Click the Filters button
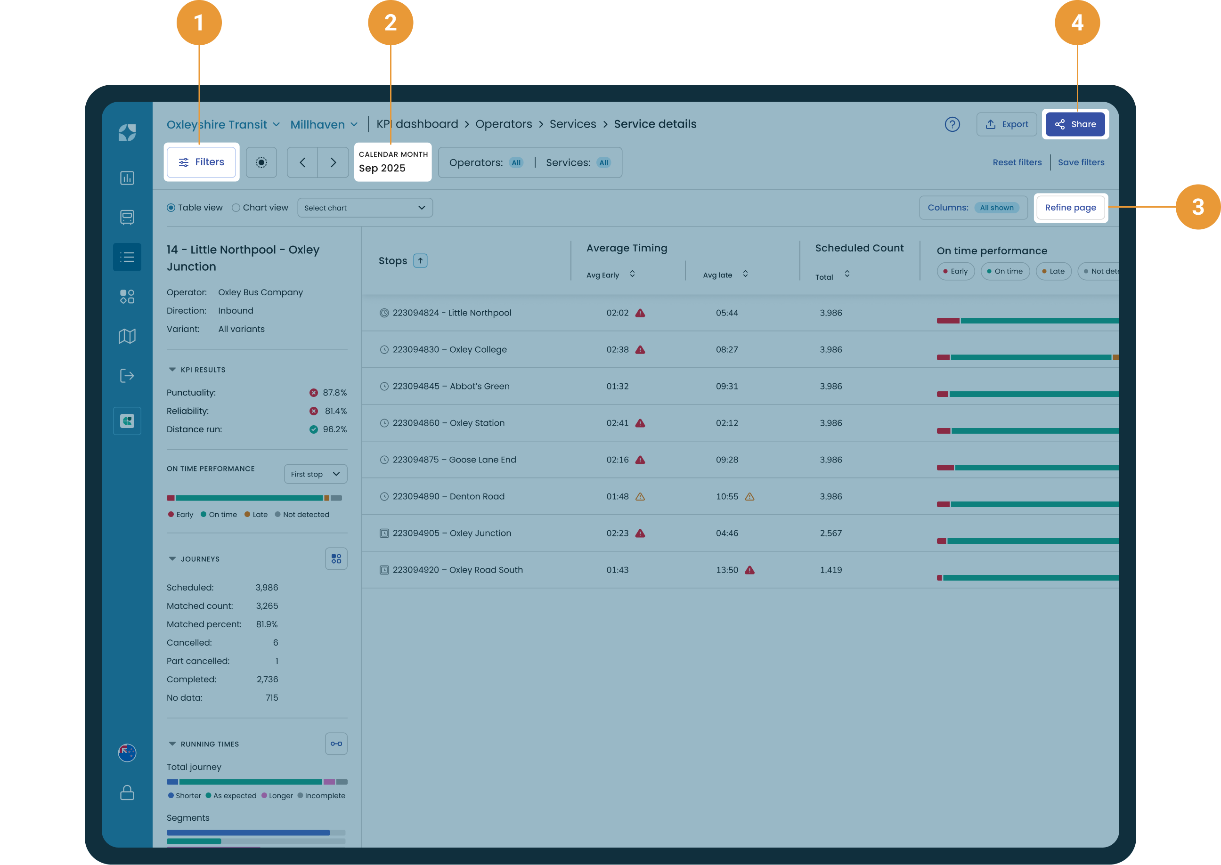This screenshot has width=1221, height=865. coord(201,162)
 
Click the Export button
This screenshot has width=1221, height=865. coord(1006,124)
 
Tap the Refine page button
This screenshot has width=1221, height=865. coord(1070,208)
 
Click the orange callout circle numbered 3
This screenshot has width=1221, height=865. coord(1197,207)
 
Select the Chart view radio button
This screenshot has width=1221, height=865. coord(236,208)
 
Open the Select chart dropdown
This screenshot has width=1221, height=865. coord(365,208)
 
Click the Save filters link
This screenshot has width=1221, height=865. coord(1081,162)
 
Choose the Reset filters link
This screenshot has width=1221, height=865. coord(1017,162)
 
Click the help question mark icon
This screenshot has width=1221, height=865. coord(952,124)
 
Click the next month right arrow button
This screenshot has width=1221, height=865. coord(333,162)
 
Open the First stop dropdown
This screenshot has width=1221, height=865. coord(315,474)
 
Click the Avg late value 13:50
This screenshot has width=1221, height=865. coord(727,570)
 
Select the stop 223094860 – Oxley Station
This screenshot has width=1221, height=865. coord(448,423)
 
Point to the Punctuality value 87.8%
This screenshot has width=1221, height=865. coord(334,393)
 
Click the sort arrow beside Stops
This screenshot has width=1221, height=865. coord(420,260)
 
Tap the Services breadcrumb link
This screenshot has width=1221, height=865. coord(573,124)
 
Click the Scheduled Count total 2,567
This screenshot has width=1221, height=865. coord(830,533)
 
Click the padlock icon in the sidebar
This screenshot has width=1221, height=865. coord(127,792)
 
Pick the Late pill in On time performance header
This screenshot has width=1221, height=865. coord(1053,271)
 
